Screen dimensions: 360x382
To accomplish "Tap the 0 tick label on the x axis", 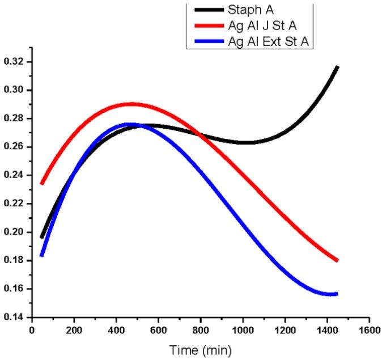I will coord(32,329).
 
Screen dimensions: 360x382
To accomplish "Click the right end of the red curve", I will coord(337,260).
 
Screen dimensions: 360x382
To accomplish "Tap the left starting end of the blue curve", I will coord(42,255).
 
